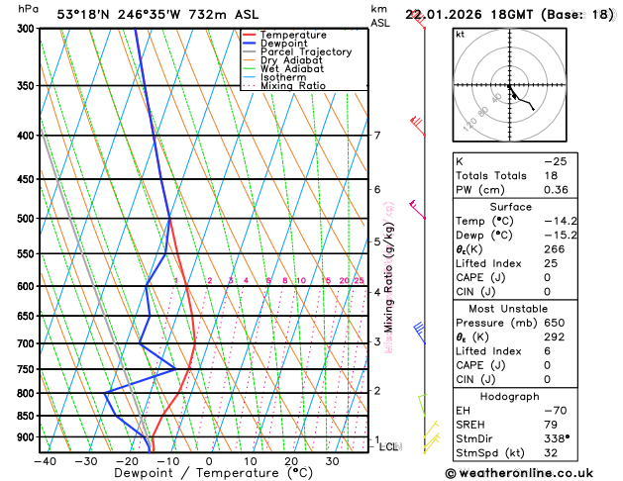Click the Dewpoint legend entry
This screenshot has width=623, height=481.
(x=284, y=43)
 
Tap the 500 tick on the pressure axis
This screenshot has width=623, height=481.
(x=25, y=219)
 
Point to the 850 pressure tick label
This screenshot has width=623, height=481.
(x=25, y=416)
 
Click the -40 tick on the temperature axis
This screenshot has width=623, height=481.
(x=45, y=460)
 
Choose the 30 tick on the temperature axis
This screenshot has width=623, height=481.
(x=333, y=460)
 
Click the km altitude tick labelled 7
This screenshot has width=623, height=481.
(x=377, y=136)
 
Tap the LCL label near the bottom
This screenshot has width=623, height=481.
(x=389, y=446)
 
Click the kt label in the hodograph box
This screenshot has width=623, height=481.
(x=460, y=34)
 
